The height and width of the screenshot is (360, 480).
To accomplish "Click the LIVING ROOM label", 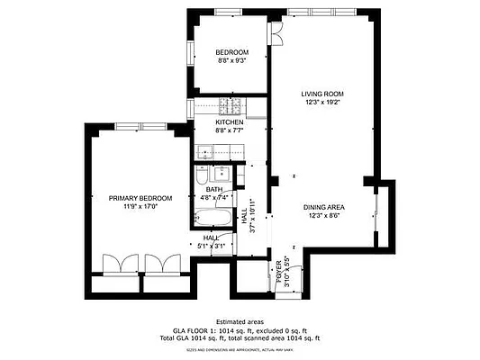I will tap(322, 93).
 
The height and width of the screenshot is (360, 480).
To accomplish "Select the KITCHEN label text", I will tap(230, 121).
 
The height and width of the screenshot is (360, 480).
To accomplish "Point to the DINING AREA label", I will tap(325, 207).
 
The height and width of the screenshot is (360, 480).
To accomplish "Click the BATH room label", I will tap(213, 189).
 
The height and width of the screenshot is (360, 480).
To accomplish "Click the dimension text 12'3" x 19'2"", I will tap(322, 102).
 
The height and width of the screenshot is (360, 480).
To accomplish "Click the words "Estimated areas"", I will tap(240, 321).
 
